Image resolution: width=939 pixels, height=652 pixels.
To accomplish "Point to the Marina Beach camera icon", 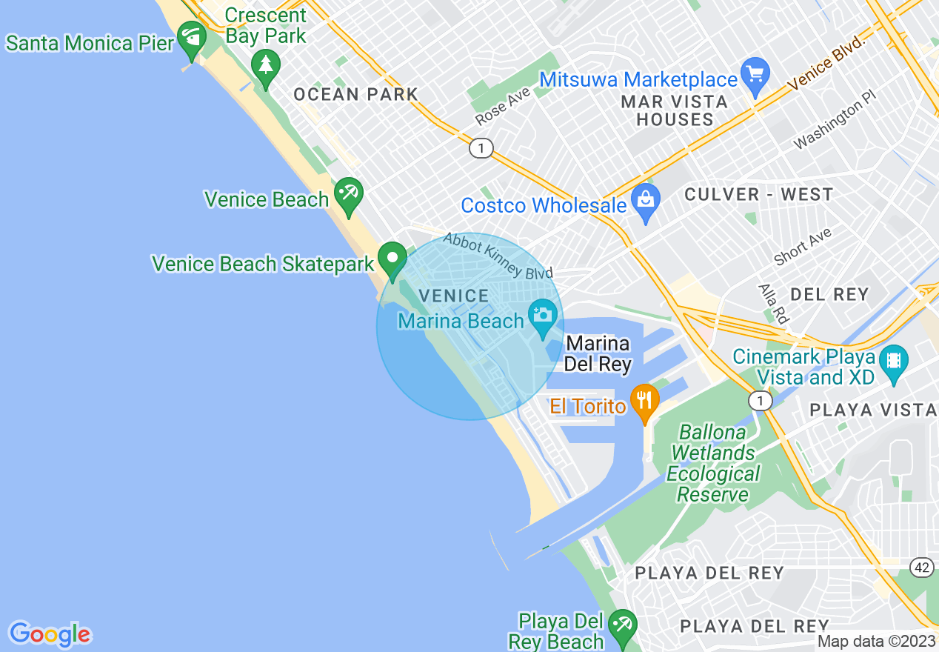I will [x=543, y=316].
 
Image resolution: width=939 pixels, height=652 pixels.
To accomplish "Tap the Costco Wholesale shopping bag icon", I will [x=646, y=201].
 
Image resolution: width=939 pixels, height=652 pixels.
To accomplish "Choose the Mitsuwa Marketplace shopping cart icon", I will [x=755, y=75].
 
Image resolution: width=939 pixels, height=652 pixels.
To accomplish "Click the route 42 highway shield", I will [x=921, y=568].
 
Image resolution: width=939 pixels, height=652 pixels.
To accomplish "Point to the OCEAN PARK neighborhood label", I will [x=355, y=95].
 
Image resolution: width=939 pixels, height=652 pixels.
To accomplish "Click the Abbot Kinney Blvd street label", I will [x=498, y=256].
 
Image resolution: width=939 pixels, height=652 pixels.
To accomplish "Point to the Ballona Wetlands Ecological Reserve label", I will [x=712, y=463].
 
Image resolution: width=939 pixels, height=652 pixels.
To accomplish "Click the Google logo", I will [x=50, y=634].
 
